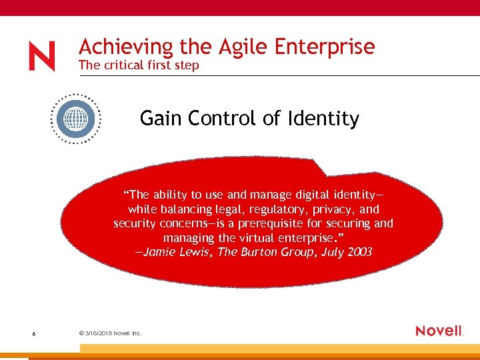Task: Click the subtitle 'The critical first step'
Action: pos(138,65)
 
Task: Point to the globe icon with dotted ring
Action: pos(76,119)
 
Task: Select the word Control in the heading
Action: pos(223,119)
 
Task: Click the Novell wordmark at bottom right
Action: pos(439,331)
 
